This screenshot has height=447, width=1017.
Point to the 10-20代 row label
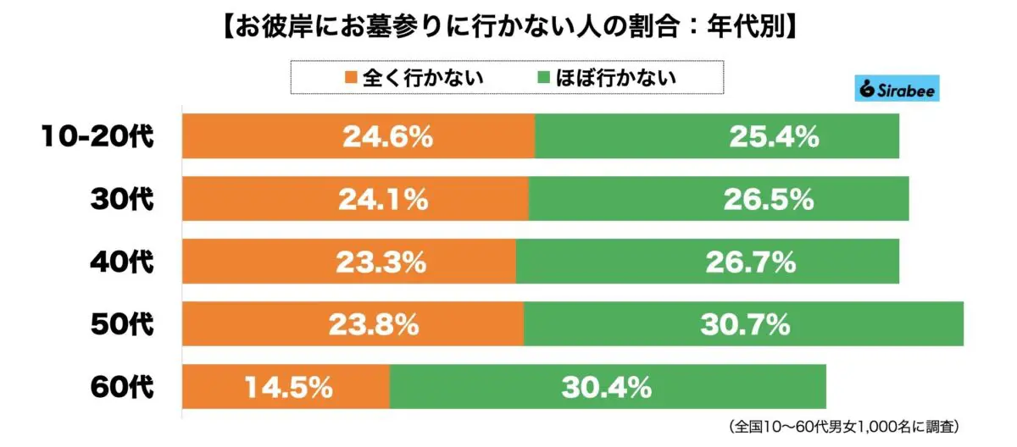(98, 137)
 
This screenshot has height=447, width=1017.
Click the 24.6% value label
(387, 137)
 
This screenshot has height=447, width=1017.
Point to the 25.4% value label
(774, 137)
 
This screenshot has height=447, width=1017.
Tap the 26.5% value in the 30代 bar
(768, 200)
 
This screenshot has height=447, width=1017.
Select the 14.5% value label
(287, 388)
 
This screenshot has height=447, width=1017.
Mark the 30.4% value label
(606, 388)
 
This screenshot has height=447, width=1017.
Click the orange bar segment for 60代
(212, 388)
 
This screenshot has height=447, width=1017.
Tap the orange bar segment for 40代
(254, 262)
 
